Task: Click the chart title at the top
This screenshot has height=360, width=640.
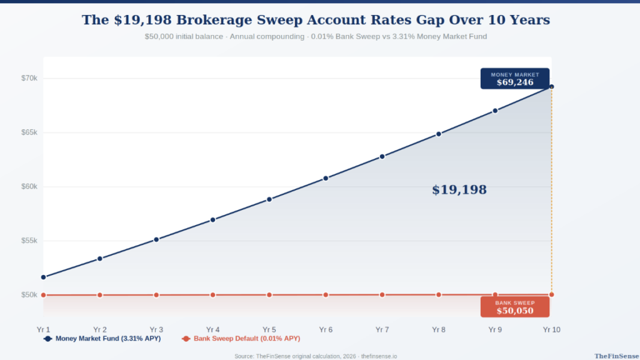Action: pos(316,20)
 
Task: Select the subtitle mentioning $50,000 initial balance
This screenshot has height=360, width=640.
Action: pos(316,37)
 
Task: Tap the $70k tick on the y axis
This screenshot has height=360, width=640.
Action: pos(29,78)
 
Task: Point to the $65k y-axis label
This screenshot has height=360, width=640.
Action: pos(29,132)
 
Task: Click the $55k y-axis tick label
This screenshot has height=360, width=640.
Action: pos(29,241)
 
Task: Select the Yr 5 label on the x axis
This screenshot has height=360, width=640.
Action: pos(269,329)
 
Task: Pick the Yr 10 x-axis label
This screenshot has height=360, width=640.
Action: pos(551,329)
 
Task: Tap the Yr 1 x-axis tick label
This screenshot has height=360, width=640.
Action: pos(43,329)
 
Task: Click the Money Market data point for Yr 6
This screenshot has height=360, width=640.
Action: pos(326,178)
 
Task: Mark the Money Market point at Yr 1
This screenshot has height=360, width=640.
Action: pos(44,277)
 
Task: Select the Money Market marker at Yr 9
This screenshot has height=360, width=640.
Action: pos(495,111)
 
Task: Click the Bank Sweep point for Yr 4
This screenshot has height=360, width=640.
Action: pos(213,295)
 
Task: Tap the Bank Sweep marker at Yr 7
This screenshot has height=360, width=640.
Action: pos(382,294)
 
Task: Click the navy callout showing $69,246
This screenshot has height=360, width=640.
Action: pos(514,79)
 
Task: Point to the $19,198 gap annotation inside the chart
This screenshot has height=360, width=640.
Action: pos(459,190)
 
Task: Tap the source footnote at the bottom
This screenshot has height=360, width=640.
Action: pos(316,356)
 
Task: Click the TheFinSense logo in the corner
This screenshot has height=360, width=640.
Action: pos(615,356)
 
